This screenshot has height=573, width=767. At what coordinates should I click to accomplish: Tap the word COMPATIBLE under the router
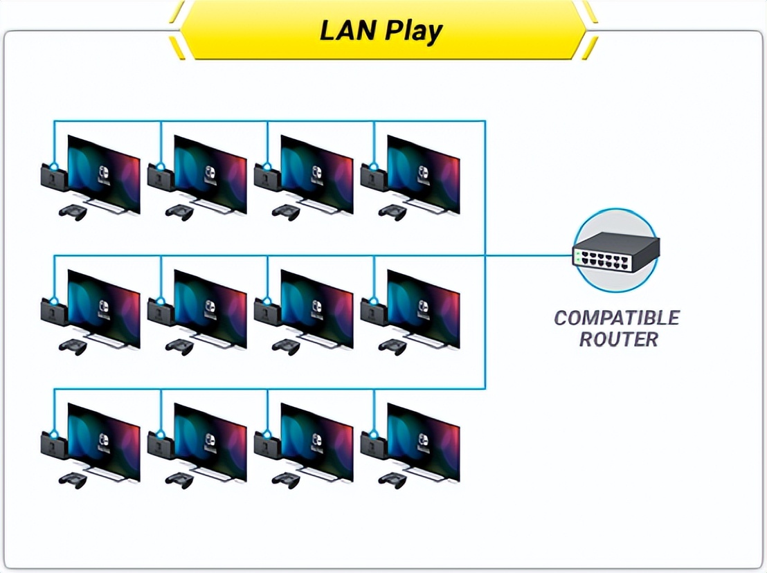tap(616, 318)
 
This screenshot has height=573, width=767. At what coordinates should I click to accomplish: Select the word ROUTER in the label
tap(618, 340)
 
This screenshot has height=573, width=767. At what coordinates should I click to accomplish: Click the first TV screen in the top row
tap(104, 173)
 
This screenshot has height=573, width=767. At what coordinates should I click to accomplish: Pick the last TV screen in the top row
tap(424, 173)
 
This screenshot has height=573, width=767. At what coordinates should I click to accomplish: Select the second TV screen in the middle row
tap(210, 308)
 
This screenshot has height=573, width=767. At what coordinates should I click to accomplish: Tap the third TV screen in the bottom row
tap(317, 442)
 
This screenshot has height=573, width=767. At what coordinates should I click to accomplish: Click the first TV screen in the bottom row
tap(104, 442)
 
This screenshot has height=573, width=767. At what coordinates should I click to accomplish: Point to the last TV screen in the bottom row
tap(424, 442)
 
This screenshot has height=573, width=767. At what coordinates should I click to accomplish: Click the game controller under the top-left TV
tap(73, 212)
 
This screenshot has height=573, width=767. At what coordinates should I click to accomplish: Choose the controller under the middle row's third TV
tap(287, 347)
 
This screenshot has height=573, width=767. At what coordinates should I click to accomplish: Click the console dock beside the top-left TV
tap(53, 177)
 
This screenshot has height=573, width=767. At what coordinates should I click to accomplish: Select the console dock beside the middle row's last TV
tap(373, 312)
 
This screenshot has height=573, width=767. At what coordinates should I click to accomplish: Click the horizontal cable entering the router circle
tap(533, 255)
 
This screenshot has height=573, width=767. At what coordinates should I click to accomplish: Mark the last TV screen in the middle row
tap(424, 308)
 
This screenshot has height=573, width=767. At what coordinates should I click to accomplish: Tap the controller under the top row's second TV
tap(180, 212)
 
